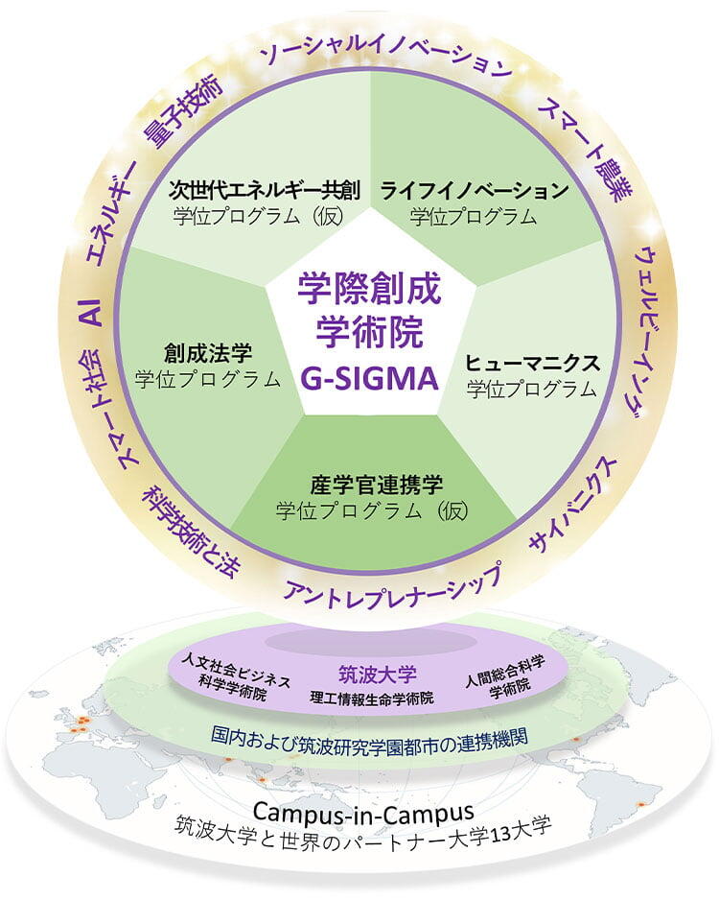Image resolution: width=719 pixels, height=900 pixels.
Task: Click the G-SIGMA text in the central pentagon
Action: click(x=370, y=378)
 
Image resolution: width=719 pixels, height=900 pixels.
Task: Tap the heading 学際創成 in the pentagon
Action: click(x=370, y=288)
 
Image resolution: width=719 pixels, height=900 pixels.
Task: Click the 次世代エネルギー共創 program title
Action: click(x=265, y=190)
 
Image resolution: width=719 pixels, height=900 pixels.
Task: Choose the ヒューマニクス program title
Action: click(x=532, y=364)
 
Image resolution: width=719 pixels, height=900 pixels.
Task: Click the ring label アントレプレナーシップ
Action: click(x=392, y=583)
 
